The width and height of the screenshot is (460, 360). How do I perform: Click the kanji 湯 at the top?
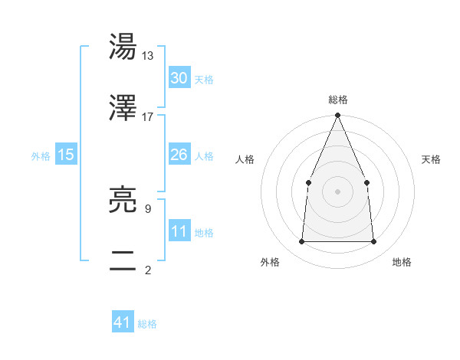click(x=123, y=47)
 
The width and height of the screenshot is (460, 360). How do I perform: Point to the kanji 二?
click(x=123, y=260)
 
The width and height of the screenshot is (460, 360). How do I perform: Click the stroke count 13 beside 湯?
click(x=148, y=56)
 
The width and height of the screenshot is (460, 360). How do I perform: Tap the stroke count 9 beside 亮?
click(x=147, y=208)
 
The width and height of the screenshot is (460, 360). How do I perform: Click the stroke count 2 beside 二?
click(x=147, y=269)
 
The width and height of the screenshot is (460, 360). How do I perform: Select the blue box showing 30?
click(x=179, y=78)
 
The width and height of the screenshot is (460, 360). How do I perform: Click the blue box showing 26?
click(x=179, y=155)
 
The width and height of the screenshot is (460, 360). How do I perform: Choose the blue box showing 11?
click(x=179, y=231)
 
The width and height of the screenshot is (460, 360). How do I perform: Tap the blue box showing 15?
click(x=66, y=155)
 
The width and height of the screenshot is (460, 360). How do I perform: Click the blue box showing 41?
click(x=123, y=322)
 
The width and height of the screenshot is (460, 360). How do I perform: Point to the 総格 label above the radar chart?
click(x=338, y=100)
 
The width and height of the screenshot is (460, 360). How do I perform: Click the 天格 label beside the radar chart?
click(x=431, y=159)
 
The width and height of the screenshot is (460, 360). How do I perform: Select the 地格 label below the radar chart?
click(x=402, y=262)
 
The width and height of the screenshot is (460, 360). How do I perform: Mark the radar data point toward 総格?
click(x=338, y=116)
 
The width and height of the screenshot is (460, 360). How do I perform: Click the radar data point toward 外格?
click(x=301, y=242)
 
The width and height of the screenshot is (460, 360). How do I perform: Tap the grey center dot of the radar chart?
click(x=338, y=191)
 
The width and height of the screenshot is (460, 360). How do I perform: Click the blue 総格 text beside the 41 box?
click(x=147, y=324)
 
